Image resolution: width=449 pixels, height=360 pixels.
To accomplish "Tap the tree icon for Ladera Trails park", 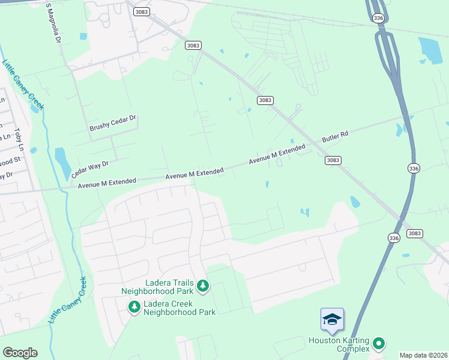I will click(x=203, y=286).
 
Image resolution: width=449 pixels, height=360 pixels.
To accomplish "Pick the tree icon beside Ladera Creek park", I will click(x=134, y=307).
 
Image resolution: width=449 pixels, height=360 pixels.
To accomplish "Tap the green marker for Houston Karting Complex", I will click(x=378, y=343).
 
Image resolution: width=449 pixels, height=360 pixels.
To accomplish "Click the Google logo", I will click(x=20, y=353).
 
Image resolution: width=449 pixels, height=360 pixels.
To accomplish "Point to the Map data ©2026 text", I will click(x=423, y=355).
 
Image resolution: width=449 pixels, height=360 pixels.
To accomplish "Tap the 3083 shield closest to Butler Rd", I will click(x=333, y=160).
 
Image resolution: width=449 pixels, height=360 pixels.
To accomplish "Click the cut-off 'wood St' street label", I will click(x=10, y=161).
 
